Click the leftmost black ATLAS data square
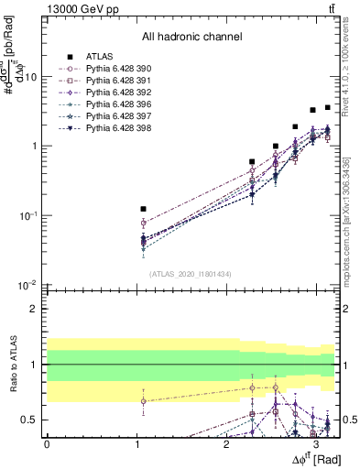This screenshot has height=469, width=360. click(x=143, y=209)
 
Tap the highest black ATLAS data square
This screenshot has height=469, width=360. click(x=328, y=107)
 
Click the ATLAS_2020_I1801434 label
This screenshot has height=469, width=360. click(x=191, y=274)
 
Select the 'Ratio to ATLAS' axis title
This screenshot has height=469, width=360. click(x=15, y=364)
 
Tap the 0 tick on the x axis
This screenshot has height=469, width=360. click(x=47, y=444)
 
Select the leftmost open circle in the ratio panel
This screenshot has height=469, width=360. click(x=143, y=400)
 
